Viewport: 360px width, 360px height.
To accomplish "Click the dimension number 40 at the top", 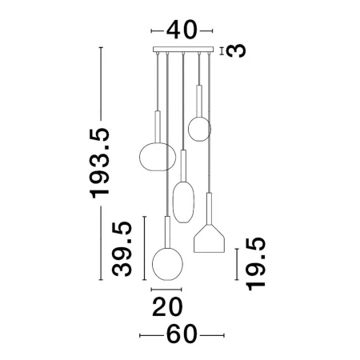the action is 182,30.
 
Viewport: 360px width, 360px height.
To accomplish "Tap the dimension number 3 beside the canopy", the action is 236,50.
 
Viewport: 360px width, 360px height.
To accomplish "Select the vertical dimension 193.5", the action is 100,163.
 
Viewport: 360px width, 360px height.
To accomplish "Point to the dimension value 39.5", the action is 122,249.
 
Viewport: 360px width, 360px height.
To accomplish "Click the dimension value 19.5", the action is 256,264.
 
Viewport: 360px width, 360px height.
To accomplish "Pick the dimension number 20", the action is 167,307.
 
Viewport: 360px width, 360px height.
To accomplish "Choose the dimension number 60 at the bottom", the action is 182,334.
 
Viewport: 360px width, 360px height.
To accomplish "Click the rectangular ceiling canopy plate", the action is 183,50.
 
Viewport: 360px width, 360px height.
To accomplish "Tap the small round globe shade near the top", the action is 199,129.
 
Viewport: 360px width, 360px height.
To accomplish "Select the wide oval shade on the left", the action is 158,157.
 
